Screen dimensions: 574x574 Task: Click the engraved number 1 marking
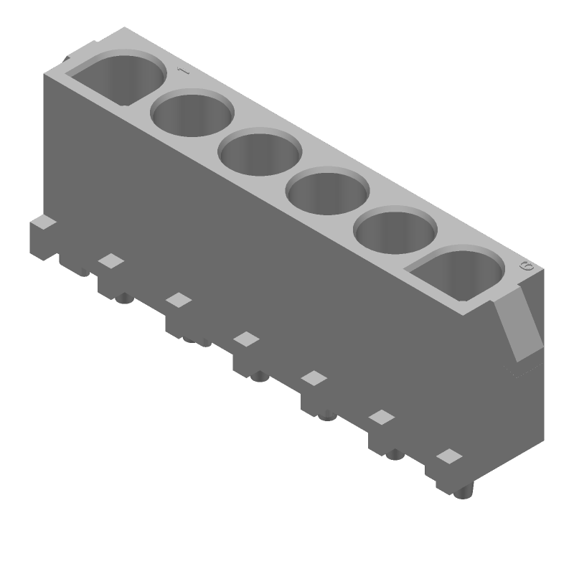pyautogui.click(x=182, y=71)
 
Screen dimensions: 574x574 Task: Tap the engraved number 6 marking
pyautogui.click(x=527, y=266)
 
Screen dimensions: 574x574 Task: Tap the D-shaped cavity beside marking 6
pyautogui.click(x=458, y=273)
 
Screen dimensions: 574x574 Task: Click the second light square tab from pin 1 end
pyautogui.click(x=111, y=261)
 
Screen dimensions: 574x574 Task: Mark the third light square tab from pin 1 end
pyautogui.click(x=179, y=300)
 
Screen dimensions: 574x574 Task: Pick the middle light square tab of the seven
pyautogui.click(x=247, y=338)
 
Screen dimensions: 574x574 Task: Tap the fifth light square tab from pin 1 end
pyautogui.click(x=314, y=377)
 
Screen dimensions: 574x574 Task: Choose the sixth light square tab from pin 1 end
pyautogui.click(x=382, y=417)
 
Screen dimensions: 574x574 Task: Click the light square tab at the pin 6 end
pyautogui.click(x=449, y=456)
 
